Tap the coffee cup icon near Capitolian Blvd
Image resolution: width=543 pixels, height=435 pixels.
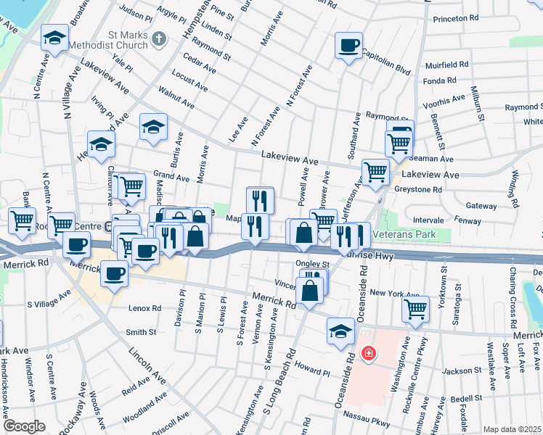[x=348, y=46]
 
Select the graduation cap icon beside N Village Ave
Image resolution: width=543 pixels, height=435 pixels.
[x=54, y=38]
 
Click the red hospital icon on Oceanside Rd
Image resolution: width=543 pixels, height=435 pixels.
[x=369, y=353]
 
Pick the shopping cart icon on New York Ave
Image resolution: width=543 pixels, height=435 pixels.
[x=416, y=308]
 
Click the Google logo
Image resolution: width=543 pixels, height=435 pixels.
[x=24, y=426]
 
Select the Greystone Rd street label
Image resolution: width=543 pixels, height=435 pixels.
[x=418, y=190]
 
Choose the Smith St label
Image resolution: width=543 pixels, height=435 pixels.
[x=141, y=332]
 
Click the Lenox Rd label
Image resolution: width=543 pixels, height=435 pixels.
[x=145, y=308]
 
